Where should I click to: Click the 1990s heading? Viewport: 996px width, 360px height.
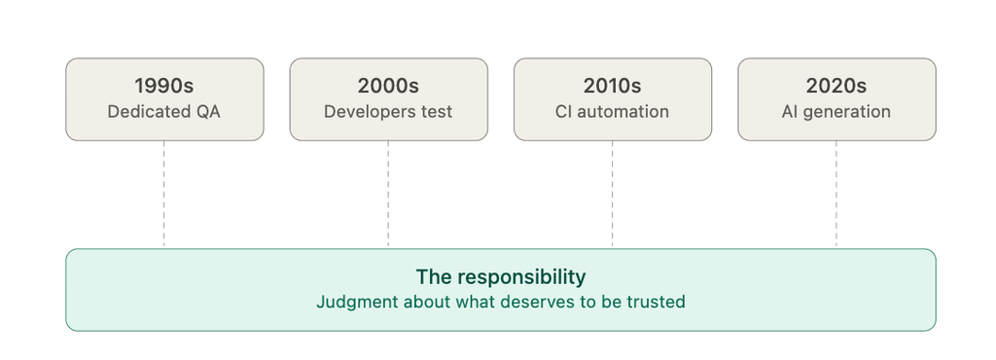[x=164, y=86]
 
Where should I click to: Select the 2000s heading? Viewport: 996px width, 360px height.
[x=388, y=86]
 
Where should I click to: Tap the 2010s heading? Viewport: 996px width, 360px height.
[x=613, y=86]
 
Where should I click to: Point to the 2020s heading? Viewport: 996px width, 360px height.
[x=836, y=86]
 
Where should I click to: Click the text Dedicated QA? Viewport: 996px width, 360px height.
[x=164, y=112]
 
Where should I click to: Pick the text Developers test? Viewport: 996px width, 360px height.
[x=388, y=112]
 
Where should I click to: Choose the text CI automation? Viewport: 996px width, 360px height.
[x=613, y=112]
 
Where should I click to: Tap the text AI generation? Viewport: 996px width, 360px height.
[x=836, y=112]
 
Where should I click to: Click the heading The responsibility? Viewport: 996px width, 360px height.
[x=501, y=277]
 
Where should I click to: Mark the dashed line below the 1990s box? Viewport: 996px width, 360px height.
[x=163, y=195]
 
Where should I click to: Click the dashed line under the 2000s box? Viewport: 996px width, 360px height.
[x=388, y=195]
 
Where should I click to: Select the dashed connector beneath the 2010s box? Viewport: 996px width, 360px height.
[x=613, y=195]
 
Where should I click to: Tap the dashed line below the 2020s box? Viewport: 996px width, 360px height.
[x=836, y=195]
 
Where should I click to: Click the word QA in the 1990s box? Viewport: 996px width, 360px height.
[x=208, y=112]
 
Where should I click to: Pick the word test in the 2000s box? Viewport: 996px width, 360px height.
[x=437, y=112]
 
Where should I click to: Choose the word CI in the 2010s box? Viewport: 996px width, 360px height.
[x=564, y=112]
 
